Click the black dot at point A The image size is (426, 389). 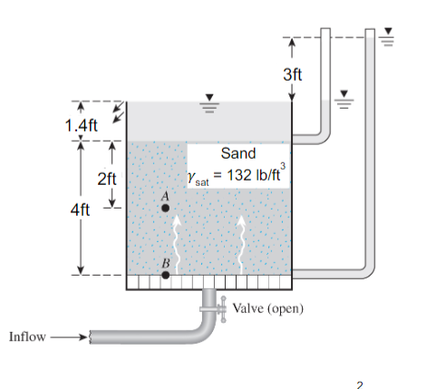pos(165,208)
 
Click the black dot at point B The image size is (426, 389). pos(165,274)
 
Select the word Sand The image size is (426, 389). pos(238,153)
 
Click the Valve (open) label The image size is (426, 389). pos(267,308)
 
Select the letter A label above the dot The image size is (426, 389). pos(165,195)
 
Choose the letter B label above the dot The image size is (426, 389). pos(165,262)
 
